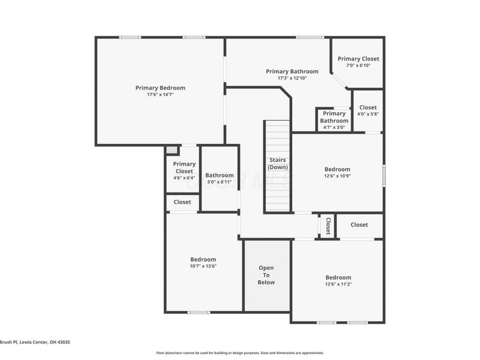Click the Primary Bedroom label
(160, 88)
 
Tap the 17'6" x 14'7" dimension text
(160, 95)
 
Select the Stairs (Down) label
(277, 163)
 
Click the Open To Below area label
(266, 275)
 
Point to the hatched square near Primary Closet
(172, 151)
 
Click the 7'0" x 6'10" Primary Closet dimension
(358, 65)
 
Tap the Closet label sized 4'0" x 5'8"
(368, 107)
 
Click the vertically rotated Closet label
(328, 226)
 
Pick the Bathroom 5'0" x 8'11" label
(220, 175)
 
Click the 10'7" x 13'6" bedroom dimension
(203, 266)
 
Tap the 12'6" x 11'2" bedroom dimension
(338, 284)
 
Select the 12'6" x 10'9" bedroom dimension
(337, 176)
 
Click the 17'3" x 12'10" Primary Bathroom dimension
(292, 78)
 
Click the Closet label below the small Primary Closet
(182, 202)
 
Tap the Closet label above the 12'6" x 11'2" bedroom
(359, 224)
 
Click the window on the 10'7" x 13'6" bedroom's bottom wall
(199, 312)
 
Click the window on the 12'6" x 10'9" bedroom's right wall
(384, 174)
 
